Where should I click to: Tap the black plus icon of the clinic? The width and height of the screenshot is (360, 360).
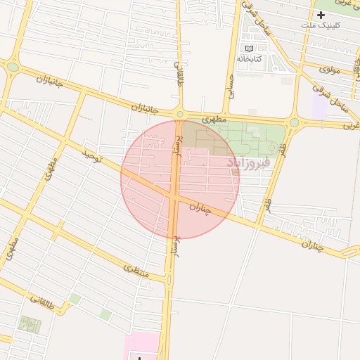(x=321, y=15)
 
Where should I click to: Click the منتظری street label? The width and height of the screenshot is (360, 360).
(x=136, y=269)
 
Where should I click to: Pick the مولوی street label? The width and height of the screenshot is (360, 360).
(x=330, y=69)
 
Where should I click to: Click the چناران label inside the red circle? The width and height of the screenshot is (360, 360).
(x=202, y=209)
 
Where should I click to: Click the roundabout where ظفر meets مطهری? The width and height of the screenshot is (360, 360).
(x=294, y=122)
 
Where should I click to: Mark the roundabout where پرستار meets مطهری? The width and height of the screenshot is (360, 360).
(x=180, y=114)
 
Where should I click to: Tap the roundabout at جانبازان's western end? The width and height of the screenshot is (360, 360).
(x=13, y=67)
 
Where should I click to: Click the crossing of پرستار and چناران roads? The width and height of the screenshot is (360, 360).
(x=174, y=197)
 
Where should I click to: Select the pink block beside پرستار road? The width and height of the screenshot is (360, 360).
(x=141, y=346)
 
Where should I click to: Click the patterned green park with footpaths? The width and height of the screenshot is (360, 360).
(x=30, y=325)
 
